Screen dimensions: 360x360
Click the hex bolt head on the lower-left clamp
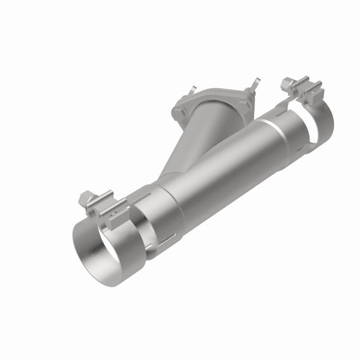click(85, 199)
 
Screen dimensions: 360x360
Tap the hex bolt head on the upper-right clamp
click(287, 83)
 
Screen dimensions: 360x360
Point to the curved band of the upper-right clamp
click(323, 121)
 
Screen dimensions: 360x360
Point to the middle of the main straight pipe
click(222, 168)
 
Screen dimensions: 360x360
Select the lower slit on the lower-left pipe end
click(165, 239)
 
